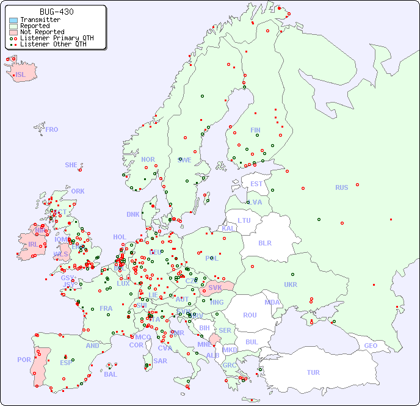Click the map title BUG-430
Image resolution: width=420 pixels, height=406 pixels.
pyautogui.click(x=56, y=12)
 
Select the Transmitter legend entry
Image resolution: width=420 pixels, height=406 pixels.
pyautogui.click(x=40, y=20)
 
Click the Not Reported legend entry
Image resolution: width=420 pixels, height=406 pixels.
pyautogui.click(x=42, y=32)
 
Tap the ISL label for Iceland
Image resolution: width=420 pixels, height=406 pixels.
pyautogui.click(x=21, y=75)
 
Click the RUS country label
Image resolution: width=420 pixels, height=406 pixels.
pyautogui.click(x=341, y=188)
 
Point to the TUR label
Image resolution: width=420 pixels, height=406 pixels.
pyautogui.click(x=313, y=372)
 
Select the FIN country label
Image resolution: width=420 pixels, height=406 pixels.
pyautogui.click(x=255, y=130)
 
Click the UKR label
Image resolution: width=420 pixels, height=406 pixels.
pyautogui.click(x=291, y=285)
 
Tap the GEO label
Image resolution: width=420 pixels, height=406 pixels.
pyautogui.click(x=371, y=346)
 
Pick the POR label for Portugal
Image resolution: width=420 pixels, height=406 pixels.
pyautogui.click(x=24, y=360)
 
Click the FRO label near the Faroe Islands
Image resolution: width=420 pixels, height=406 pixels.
pyautogui.click(x=52, y=129)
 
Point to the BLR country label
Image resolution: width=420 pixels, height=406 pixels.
pyautogui.click(x=264, y=242)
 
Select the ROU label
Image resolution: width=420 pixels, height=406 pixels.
pyautogui.click(x=250, y=315)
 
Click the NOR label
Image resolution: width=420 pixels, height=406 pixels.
pyautogui.click(x=148, y=159)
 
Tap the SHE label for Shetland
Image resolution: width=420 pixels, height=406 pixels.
pyautogui.click(x=71, y=165)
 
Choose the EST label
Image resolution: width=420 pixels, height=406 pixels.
pyautogui.click(x=256, y=184)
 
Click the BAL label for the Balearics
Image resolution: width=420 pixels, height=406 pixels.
pyautogui.click(x=110, y=374)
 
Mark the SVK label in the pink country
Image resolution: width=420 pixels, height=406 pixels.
pyautogui.click(x=215, y=287)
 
